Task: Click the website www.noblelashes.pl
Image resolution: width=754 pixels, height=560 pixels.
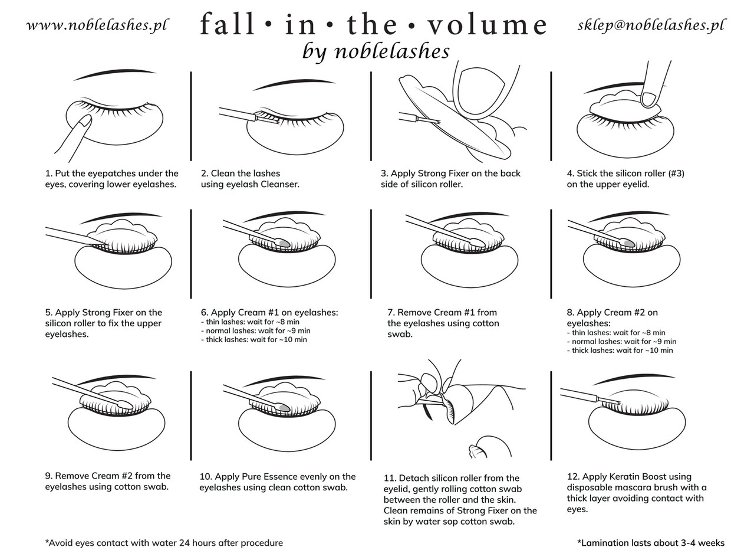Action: click(x=97, y=25)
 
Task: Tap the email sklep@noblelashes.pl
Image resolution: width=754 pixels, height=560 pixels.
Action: click(x=651, y=25)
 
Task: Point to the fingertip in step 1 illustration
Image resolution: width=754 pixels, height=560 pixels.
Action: click(x=85, y=121)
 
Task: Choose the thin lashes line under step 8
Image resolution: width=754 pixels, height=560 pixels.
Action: click(x=615, y=332)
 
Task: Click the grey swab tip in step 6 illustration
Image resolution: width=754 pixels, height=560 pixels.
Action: click(x=284, y=243)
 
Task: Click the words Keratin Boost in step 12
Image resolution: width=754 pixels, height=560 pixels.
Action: click(x=644, y=477)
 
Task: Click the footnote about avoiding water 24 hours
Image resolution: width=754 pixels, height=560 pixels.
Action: click(x=164, y=543)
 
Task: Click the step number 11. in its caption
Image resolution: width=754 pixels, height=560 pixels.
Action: click(x=389, y=478)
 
